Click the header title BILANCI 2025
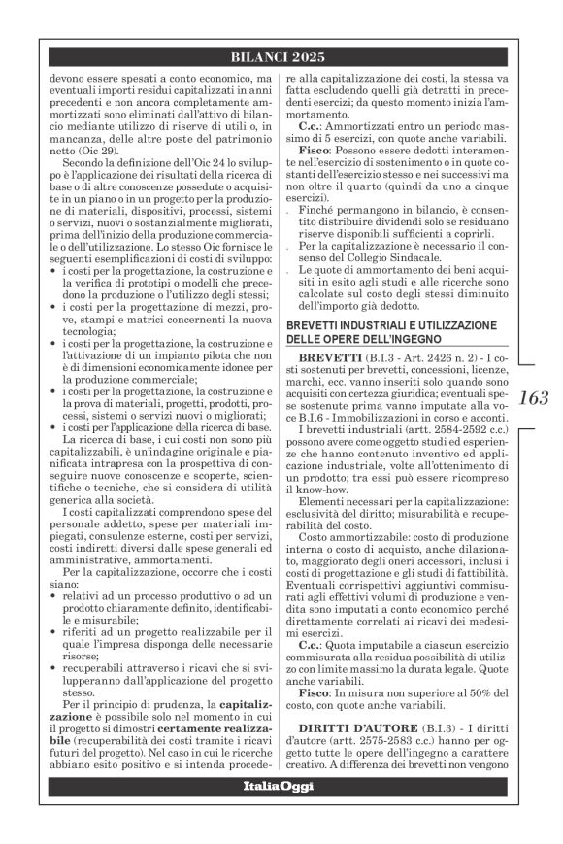pyautogui.click(x=281, y=57)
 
